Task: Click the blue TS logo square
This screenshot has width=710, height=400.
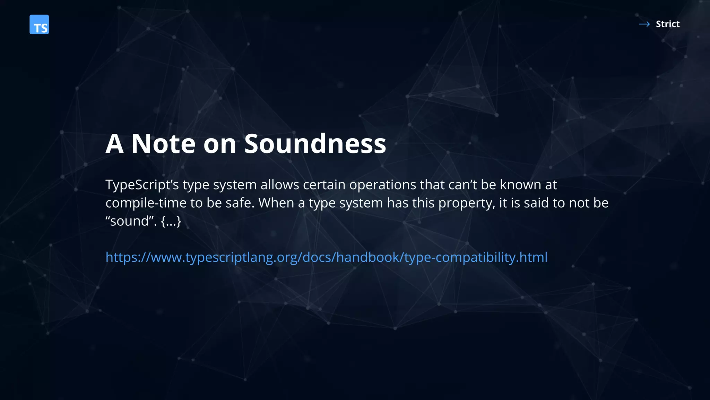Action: point(39,24)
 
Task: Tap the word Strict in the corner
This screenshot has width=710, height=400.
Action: point(667,24)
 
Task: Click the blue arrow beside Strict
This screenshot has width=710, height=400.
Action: point(644,24)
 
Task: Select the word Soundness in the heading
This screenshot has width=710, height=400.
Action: point(315,144)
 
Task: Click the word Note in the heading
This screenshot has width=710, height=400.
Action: point(164,144)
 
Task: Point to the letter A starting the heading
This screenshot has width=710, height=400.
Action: point(114,144)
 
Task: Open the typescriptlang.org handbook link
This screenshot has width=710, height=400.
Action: point(326,257)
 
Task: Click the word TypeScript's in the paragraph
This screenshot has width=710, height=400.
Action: point(142,185)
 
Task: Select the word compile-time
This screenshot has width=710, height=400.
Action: point(146,203)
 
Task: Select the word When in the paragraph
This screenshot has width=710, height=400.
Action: point(276,203)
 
